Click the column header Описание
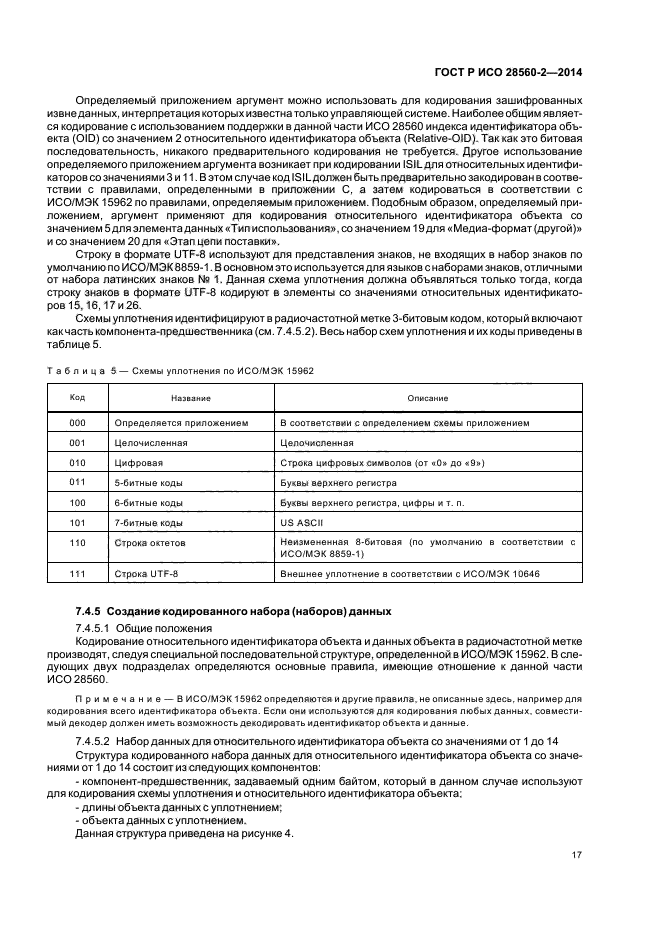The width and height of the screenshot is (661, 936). [426, 398]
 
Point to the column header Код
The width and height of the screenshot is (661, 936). [77, 397]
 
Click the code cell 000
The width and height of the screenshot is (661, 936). [77, 423]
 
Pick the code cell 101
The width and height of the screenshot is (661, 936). [77, 522]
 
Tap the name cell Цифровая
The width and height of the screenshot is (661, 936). [139, 463]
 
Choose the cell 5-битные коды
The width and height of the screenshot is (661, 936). [149, 482]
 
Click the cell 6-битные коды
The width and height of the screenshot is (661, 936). [149, 502]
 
